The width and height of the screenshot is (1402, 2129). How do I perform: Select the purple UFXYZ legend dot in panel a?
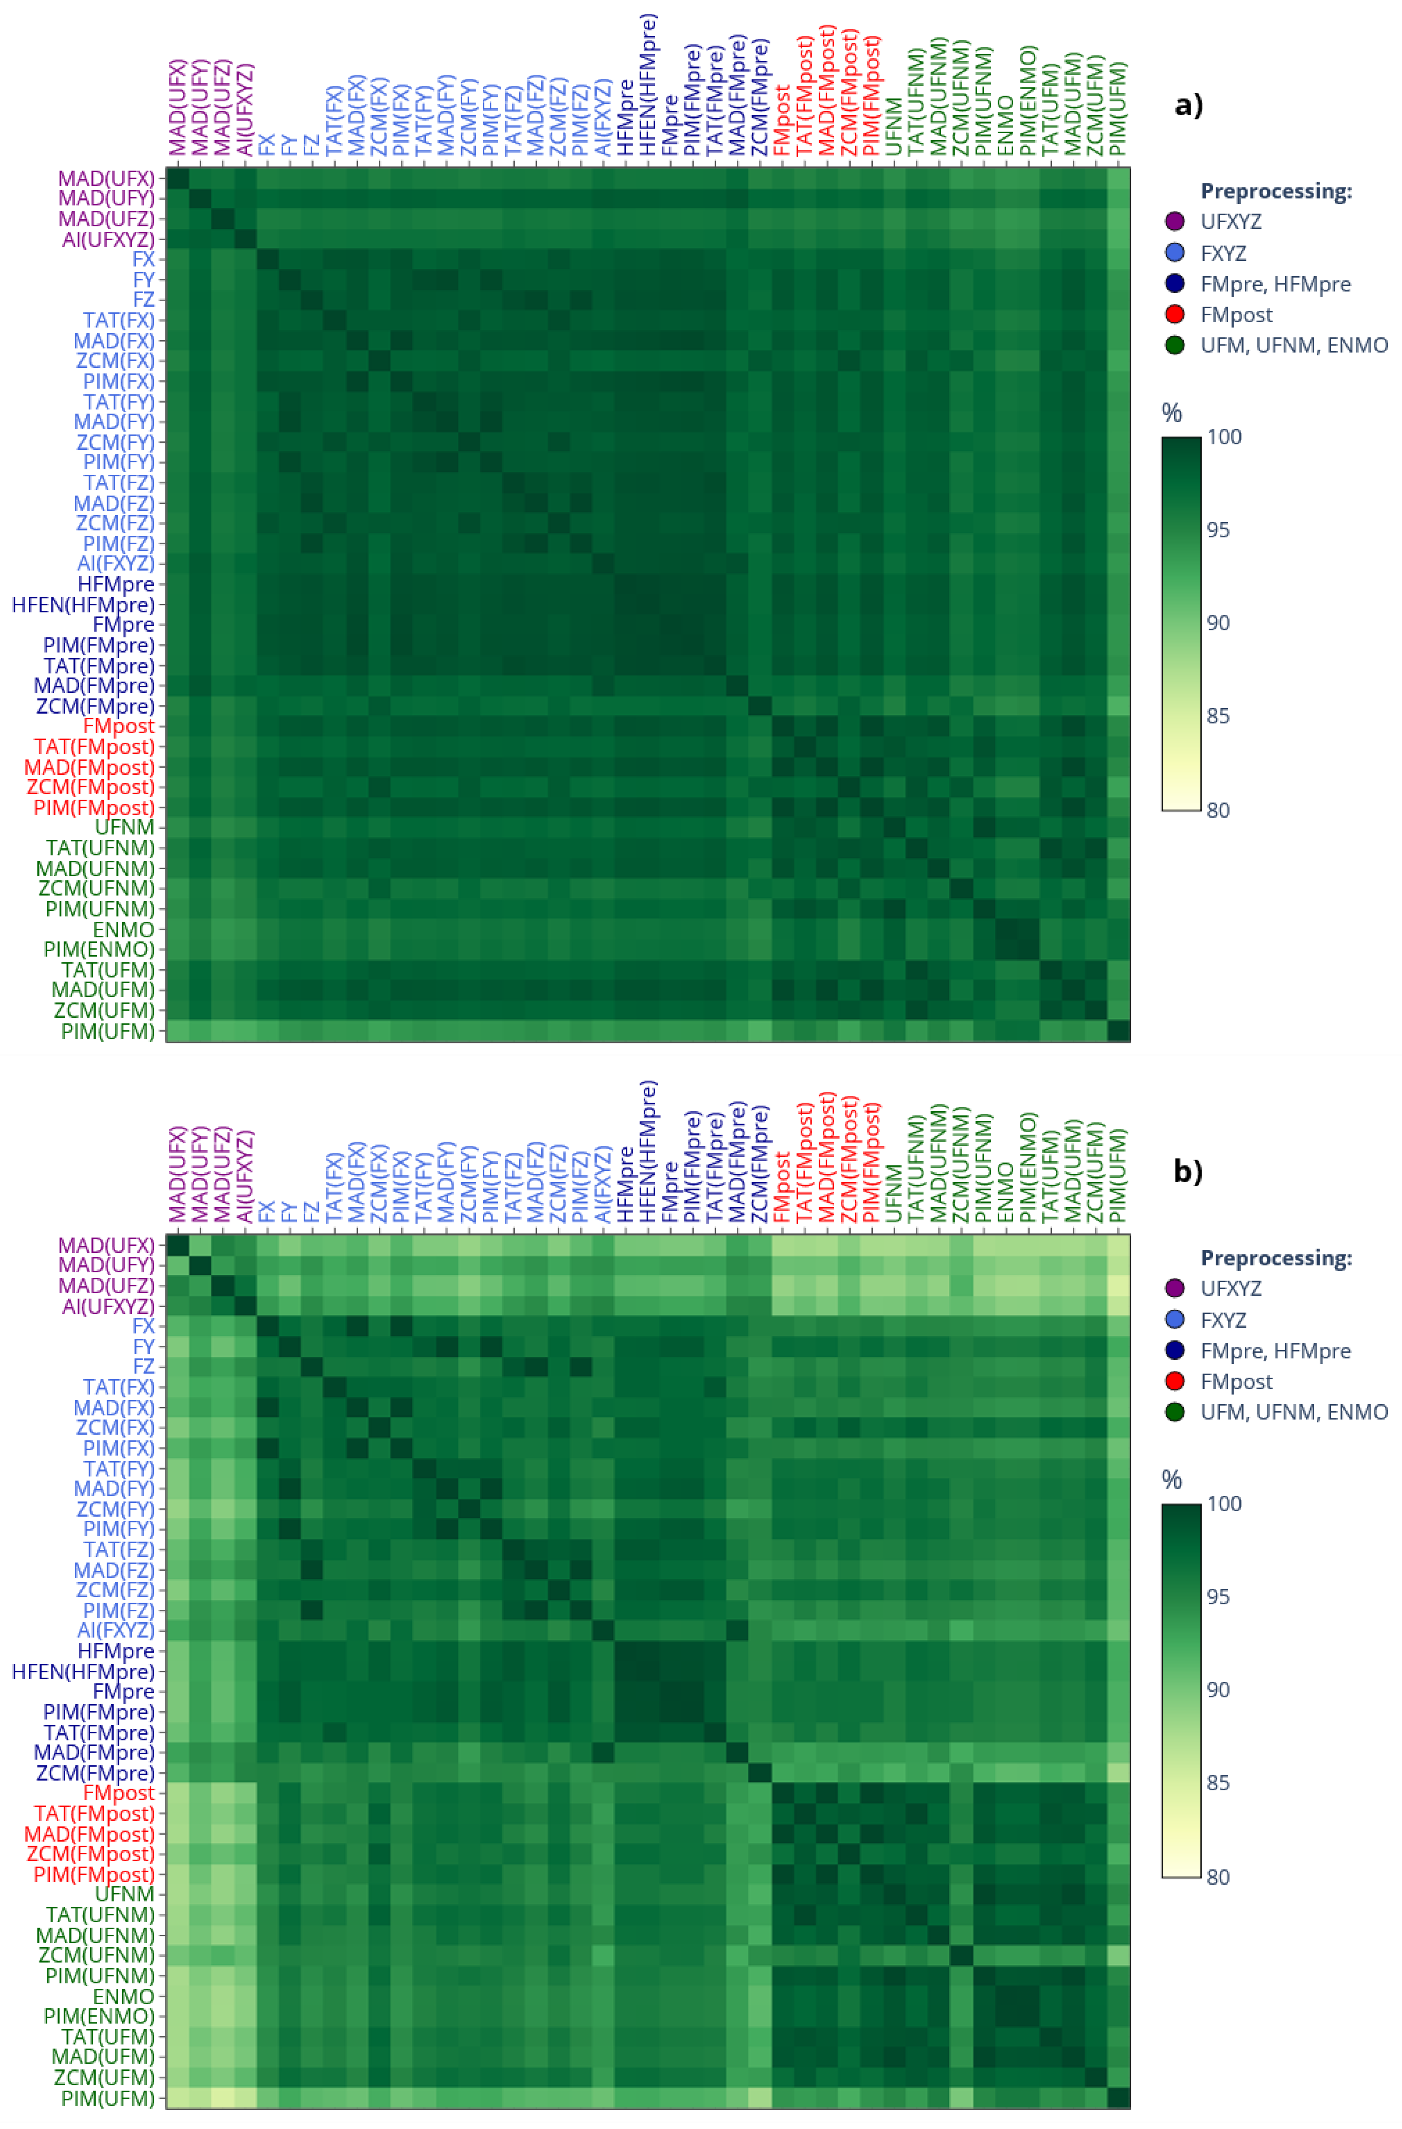pyautogui.click(x=1175, y=222)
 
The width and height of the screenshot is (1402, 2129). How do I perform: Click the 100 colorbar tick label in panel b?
pyautogui.click(x=1224, y=1504)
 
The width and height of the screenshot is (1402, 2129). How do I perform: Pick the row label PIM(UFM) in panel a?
pyautogui.click(x=107, y=1031)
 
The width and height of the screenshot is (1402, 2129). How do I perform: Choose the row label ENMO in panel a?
pyautogui.click(x=123, y=929)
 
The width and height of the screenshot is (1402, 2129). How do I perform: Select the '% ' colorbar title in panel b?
pyautogui.click(x=1171, y=1480)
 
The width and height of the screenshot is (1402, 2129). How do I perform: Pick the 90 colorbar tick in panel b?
pyautogui.click(x=1218, y=1690)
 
